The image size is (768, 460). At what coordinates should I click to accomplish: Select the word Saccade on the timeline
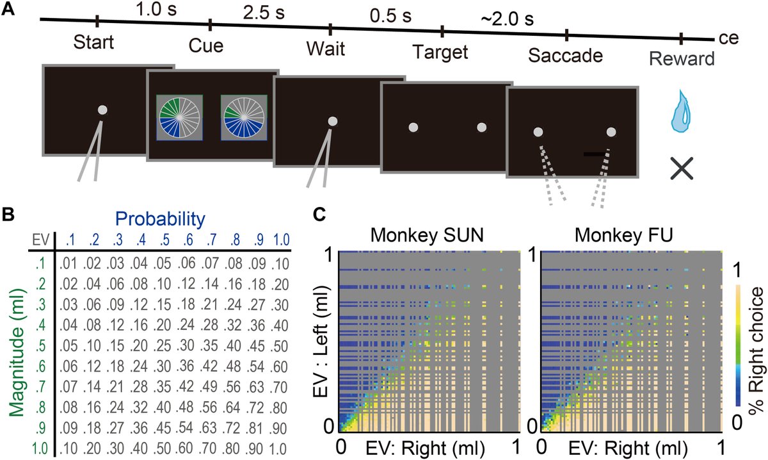[566, 55]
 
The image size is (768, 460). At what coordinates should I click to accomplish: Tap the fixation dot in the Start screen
[102, 111]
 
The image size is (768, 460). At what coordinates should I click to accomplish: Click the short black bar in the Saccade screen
[594, 154]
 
